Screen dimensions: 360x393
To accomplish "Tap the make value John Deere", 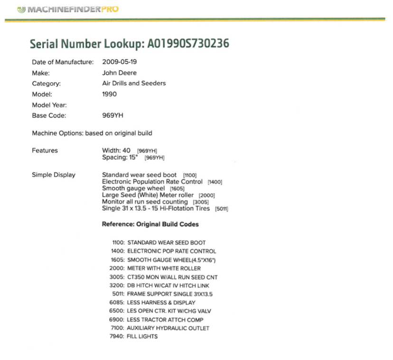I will (x=119, y=73).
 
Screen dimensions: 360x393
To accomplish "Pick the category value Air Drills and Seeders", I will (x=134, y=84).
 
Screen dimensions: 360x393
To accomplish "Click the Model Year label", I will (x=49, y=105).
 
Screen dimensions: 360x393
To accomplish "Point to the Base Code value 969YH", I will (x=113, y=116).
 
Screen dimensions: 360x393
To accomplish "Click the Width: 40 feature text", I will (x=116, y=151).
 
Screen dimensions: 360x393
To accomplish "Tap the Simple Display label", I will (x=54, y=175).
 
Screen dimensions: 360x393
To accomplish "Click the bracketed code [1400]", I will (x=215, y=182).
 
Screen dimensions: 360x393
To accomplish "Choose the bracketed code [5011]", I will (x=222, y=209).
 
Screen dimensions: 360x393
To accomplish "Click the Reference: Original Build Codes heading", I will (x=150, y=224).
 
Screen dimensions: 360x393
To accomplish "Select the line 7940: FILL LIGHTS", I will (x=134, y=337).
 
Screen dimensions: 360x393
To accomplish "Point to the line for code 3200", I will (x=159, y=285).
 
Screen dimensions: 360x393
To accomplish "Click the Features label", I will (x=45, y=151).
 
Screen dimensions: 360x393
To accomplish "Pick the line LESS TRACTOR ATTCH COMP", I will (x=159, y=320).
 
